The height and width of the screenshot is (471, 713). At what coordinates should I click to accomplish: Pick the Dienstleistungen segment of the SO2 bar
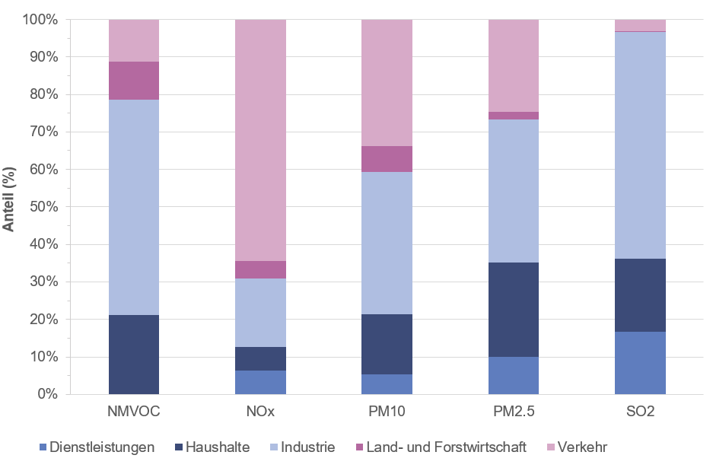click(x=640, y=362)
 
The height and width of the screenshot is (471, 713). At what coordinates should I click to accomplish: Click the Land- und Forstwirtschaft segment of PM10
click(x=387, y=159)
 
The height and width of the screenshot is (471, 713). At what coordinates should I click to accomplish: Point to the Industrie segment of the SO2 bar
click(x=640, y=145)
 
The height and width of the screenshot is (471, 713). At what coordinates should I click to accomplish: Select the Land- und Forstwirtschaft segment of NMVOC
click(x=134, y=81)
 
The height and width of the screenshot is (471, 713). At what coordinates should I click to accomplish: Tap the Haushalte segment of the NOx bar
click(x=260, y=358)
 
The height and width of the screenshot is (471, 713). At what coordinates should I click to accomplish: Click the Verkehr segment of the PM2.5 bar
click(x=513, y=65)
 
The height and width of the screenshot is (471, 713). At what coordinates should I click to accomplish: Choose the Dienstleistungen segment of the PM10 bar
click(x=387, y=384)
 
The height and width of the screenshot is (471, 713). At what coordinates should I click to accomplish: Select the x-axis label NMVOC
click(x=134, y=412)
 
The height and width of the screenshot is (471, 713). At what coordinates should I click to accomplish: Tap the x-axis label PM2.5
click(x=513, y=412)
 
